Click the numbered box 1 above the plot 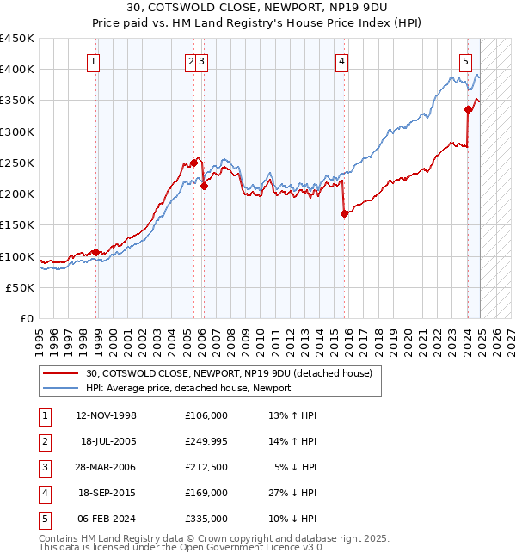[x=92, y=61]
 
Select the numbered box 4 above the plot [x=341, y=61]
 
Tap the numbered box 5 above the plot [x=465, y=61]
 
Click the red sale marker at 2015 [x=344, y=214]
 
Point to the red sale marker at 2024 [x=468, y=109]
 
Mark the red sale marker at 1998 [x=95, y=252]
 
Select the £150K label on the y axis [x=16, y=225]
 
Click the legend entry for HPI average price [x=188, y=388]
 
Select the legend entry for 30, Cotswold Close [x=228, y=373]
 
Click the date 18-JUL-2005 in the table [x=106, y=441]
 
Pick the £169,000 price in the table [x=206, y=493]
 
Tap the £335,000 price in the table [x=206, y=519]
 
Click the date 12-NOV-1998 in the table [x=106, y=415]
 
